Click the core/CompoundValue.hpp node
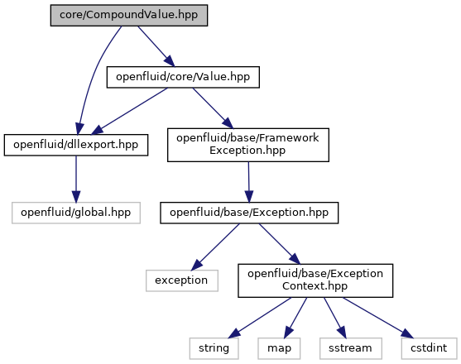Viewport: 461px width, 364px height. coord(129,15)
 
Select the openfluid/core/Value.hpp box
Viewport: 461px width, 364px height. coord(183,77)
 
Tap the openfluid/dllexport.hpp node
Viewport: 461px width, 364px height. coord(76,145)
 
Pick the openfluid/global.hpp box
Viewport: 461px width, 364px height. coord(76,213)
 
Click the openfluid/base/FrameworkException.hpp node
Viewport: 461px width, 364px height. coord(248,145)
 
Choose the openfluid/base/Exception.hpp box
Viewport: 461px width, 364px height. coord(249,213)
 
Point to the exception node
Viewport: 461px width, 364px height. coord(182,280)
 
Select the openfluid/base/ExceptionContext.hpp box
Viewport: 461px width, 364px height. coord(315,280)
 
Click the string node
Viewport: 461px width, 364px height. coord(214,348)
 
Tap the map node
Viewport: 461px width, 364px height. coord(279,348)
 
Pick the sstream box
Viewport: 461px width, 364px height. coord(351,348)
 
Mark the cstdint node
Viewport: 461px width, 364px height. coord(429,348)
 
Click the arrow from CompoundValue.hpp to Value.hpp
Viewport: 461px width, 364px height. coord(156,46)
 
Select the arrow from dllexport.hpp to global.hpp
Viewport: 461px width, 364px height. coord(76,179)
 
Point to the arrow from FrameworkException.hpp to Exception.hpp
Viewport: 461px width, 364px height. coord(249,182)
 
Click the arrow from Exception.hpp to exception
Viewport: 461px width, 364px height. coord(215,247)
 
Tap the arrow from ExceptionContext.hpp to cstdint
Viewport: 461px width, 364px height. coord(378,318)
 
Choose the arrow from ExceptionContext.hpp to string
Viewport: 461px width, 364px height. coord(260,318)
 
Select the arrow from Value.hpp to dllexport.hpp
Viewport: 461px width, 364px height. coord(130,111)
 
